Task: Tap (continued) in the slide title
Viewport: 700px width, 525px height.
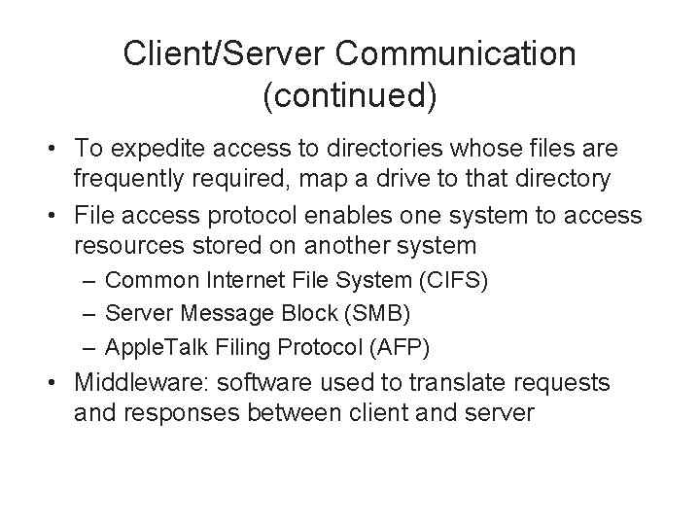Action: pyautogui.click(x=350, y=95)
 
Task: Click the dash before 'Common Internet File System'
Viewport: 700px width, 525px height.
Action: pyautogui.click(x=89, y=281)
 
